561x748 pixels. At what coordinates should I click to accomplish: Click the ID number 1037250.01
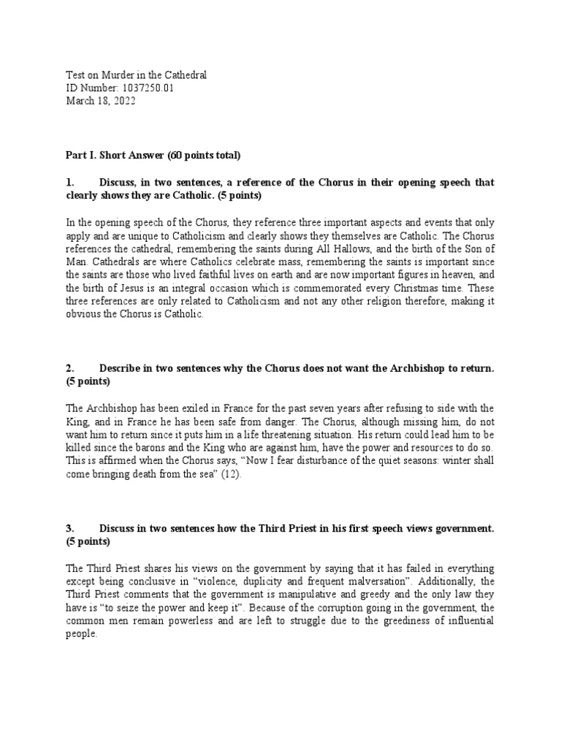click(148, 88)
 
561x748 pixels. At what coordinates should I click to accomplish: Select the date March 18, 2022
click(101, 102)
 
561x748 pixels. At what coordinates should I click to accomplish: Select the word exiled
click(180, 407)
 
